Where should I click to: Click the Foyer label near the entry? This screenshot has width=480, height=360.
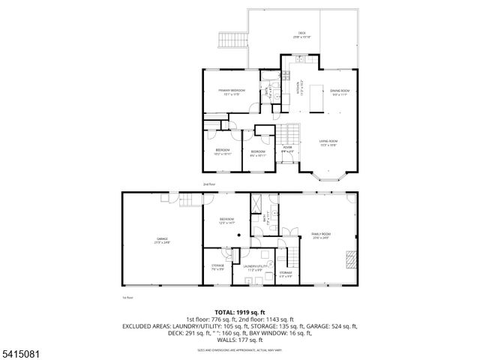tap(287, 149)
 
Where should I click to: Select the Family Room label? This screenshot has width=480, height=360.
tap(321, 236)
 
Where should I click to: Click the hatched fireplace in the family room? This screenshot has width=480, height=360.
tap(349, 260)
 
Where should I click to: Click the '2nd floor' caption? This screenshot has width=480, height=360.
tap(208, 184)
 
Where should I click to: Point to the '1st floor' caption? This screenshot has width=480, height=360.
tap(127, 298)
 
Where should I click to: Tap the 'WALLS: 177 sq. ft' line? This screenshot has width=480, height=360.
tap(240, 340)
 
